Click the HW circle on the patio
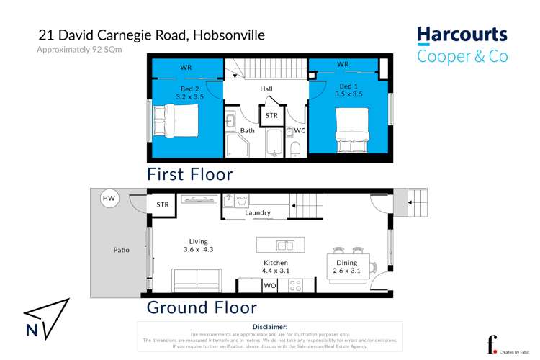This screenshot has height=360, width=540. (x=109, y=199)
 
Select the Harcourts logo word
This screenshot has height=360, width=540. (x=462, y=35)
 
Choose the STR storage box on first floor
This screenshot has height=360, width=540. (x=271, y=116)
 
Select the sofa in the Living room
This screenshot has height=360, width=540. (x=197, y=279)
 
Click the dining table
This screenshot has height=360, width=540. (x=348, y=267)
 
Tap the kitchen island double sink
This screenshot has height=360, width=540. (x=281, y=245)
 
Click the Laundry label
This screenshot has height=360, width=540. (x=257, y=212)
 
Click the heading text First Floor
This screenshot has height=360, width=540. (x=189, y=174)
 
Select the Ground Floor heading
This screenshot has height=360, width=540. (x=202, y=307)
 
